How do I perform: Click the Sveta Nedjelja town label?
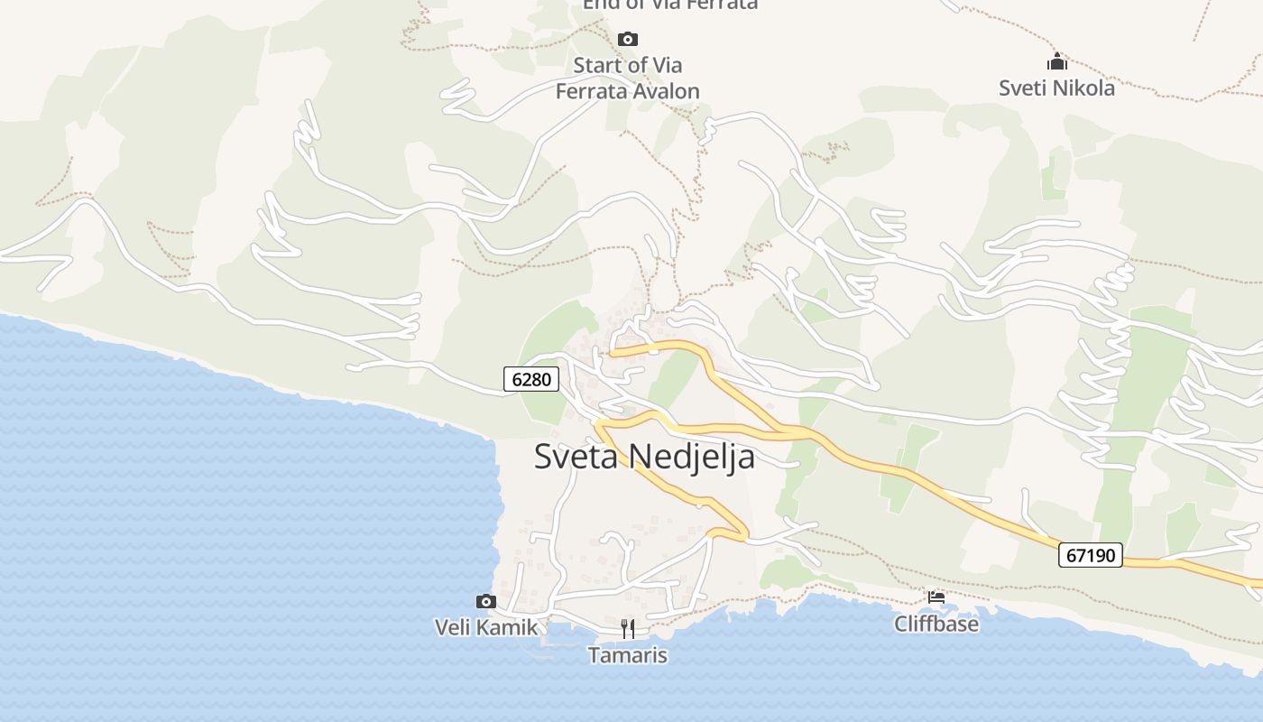[644, 457]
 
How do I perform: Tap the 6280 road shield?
[531, 380]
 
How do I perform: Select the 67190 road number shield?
[1091, 555]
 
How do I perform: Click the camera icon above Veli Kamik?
[486, 601]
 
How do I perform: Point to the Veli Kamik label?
[486, 627]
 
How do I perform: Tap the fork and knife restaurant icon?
[628, 628]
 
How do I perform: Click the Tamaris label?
[628, 655]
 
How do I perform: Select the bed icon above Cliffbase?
[936, 597]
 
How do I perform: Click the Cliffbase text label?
[936, 624]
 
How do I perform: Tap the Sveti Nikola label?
[1056, 88]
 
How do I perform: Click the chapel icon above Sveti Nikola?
[1056, 62]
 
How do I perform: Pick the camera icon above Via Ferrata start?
[628, 39]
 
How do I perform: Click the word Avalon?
[665, 91]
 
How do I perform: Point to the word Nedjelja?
[692, 457]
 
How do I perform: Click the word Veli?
[453, 627]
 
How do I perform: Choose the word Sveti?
[1020, 88]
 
